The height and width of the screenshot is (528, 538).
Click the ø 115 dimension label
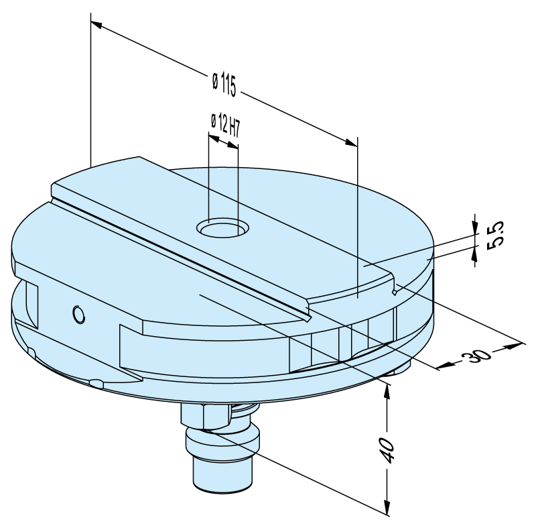coord(224,83)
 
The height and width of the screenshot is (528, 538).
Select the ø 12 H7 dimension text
coord(224,125)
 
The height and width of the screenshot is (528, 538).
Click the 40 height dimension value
coord(388,450)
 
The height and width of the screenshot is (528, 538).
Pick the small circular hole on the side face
coord(78,314)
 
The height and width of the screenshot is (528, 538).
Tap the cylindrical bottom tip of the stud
coord(223,474)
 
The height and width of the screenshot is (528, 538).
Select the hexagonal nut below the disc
coord(206,417)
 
